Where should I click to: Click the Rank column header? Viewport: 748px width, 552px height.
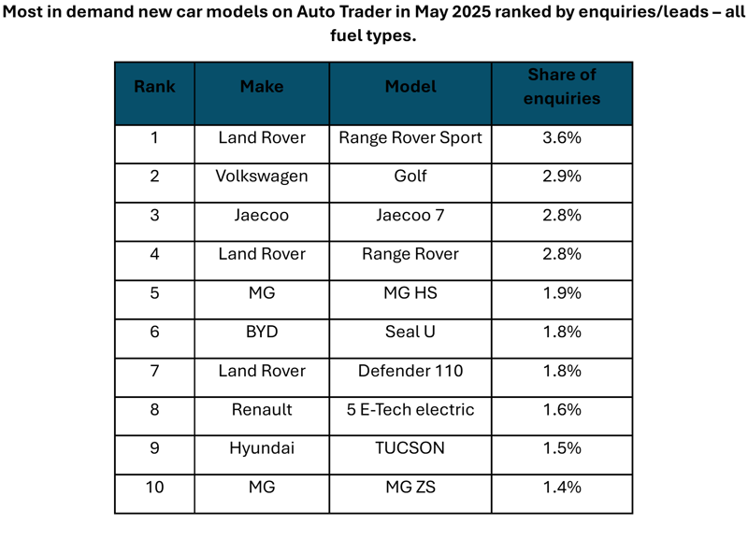tap(154, 86)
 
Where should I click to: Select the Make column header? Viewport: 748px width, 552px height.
tap(262, 86)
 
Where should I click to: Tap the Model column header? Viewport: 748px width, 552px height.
tap(410, 86)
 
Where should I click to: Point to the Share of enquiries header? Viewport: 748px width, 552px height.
tap(562, 86)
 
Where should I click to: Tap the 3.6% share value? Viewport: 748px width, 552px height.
tap(562, 137)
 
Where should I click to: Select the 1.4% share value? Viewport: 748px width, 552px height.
tap(562, 487)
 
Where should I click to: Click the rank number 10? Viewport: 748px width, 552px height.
tap(154, 487)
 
